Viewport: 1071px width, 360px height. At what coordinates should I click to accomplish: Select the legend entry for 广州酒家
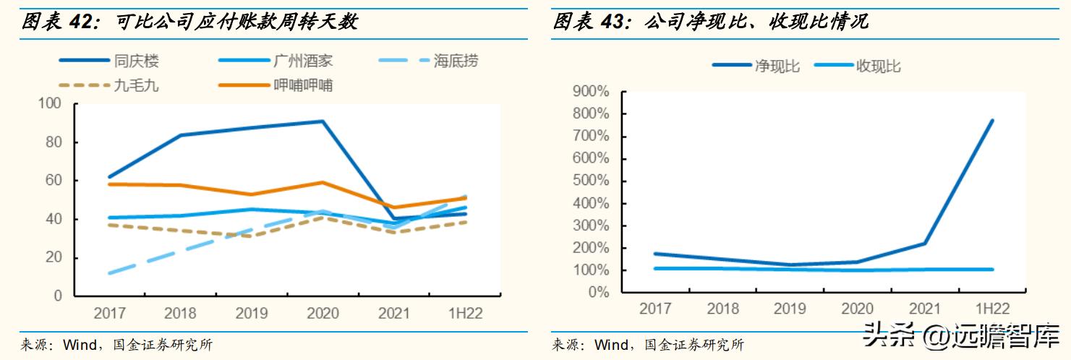304,61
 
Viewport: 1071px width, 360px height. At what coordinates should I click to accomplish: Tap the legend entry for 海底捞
456,61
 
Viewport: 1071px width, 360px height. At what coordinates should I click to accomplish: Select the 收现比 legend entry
879,66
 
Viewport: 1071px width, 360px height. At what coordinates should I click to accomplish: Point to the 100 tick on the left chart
49,103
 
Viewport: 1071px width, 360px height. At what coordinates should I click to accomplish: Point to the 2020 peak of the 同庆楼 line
322,121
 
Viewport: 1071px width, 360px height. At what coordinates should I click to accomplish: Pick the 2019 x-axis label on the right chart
790,309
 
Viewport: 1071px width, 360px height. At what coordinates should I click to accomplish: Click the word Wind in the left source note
79,345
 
